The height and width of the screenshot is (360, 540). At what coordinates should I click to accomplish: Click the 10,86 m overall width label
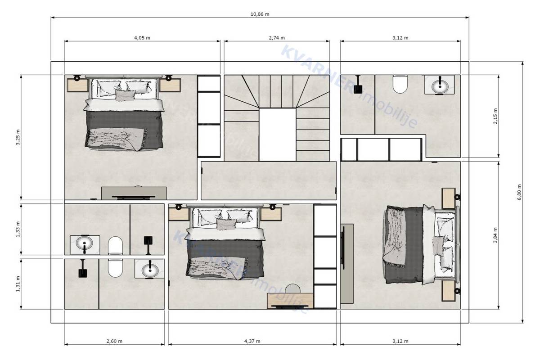click(260, 14)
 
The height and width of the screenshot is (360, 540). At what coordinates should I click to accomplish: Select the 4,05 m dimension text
click(142, 38)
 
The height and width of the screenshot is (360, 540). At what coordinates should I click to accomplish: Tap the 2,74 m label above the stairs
click(276, 38)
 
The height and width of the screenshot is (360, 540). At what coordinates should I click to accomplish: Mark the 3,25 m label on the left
click(18, 137)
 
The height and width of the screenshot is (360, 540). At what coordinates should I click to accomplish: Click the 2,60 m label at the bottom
click(114, 341)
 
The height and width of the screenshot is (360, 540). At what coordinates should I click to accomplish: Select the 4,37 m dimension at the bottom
click(252, 341)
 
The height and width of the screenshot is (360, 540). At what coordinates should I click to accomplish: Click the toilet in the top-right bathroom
click(400, 83)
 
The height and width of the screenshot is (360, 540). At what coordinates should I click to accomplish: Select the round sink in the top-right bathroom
click(439, 85)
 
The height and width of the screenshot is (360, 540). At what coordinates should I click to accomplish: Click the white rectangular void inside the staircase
click(277, 134)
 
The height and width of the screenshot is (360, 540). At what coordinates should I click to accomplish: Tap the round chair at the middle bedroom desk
click(293, 288)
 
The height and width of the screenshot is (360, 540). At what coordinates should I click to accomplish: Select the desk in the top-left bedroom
click(134, 193)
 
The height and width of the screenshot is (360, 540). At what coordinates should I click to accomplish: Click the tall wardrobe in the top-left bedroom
click(209, 116)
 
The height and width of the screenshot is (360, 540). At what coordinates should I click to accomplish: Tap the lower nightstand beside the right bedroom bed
click(449, 290)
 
